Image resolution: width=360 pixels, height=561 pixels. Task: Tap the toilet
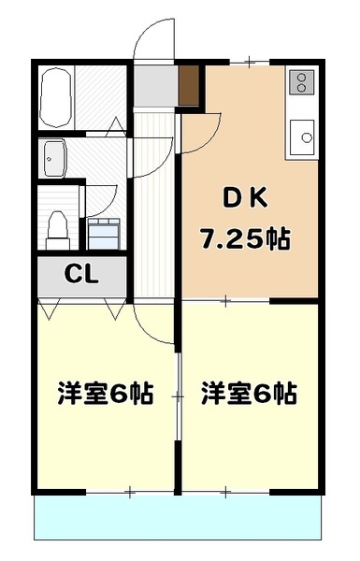pos(58,224)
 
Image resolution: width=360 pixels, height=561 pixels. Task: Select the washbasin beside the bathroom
pos(52,157)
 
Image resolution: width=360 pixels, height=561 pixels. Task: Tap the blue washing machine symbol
pos(106,229)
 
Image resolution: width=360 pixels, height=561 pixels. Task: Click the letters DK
pos(244,199)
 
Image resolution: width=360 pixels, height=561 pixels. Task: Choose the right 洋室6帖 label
pos(249,394)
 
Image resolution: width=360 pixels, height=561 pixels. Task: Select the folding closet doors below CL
pos(82,308)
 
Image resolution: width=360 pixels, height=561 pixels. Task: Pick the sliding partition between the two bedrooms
pos(178,396)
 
